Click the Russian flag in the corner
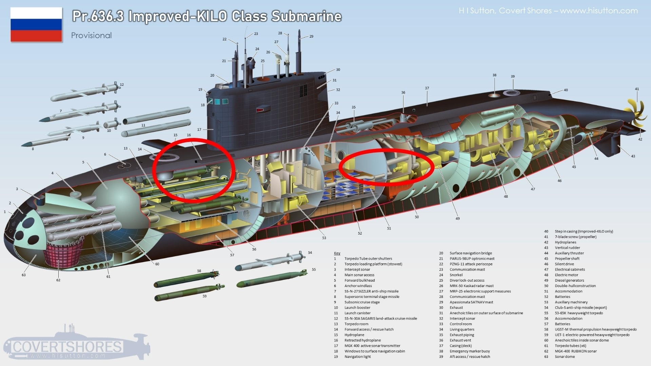tap(36, 25)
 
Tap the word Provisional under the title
tap(91, 36)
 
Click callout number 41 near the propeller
tap(637, 89)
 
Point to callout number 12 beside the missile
tap(122, 85)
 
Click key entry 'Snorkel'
tap(456, 275)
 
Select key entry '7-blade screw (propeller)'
tap(575, 237)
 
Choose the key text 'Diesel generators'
tap(569, 280)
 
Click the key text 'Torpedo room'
tap(356, 324)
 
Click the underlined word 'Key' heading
tap(337, 253)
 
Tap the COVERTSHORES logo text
tap(67, 347)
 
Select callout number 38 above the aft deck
tap(494, 75)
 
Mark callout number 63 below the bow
tap(24, 275)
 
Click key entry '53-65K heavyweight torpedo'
tap(579, 313)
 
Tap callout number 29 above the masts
tap(311, 36)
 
